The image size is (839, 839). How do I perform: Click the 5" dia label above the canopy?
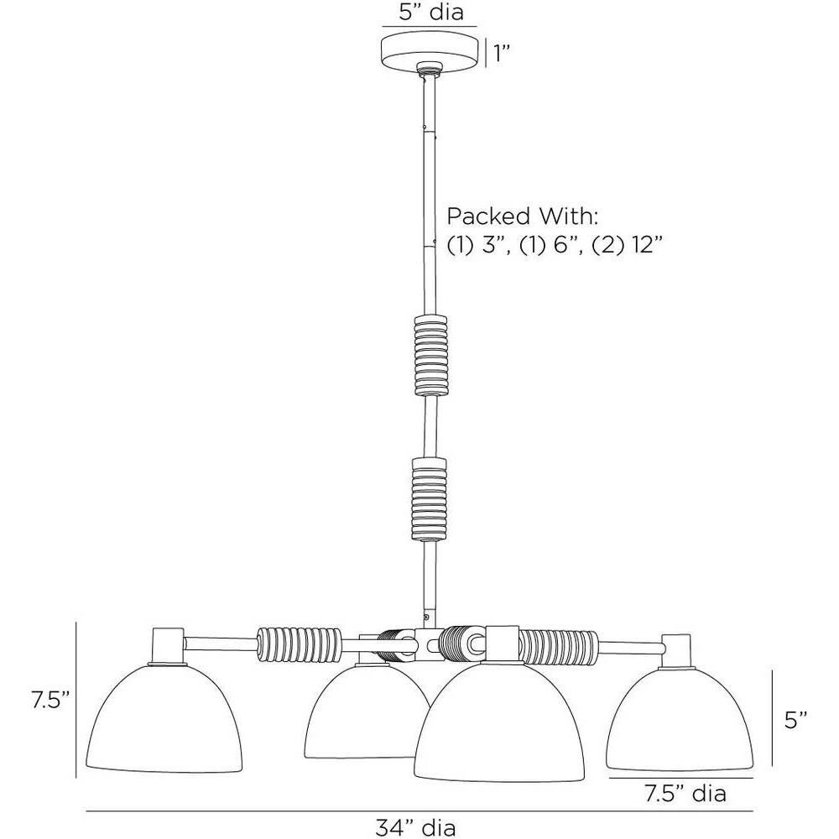pyautogui.click(x=430, y=12)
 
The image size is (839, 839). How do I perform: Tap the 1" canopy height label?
pyautogui.click(x=501, y=54)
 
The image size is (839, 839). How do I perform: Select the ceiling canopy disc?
pyautogui.click(x=429, y=52)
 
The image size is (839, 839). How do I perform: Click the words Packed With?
pyautogui.click(x=522, y=216)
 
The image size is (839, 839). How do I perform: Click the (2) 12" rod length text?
pyautogui.click(x=627, y=246)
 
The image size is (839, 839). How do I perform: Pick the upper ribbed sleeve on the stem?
pyautogui.click(x=430, y=355)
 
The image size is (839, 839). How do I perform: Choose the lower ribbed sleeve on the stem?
pyautogui.click(x=429, y=498)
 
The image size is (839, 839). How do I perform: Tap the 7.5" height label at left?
pyautogui.click(x=50, y=700)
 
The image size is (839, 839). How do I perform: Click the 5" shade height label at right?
pyautogui.click(x=795, y=720)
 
